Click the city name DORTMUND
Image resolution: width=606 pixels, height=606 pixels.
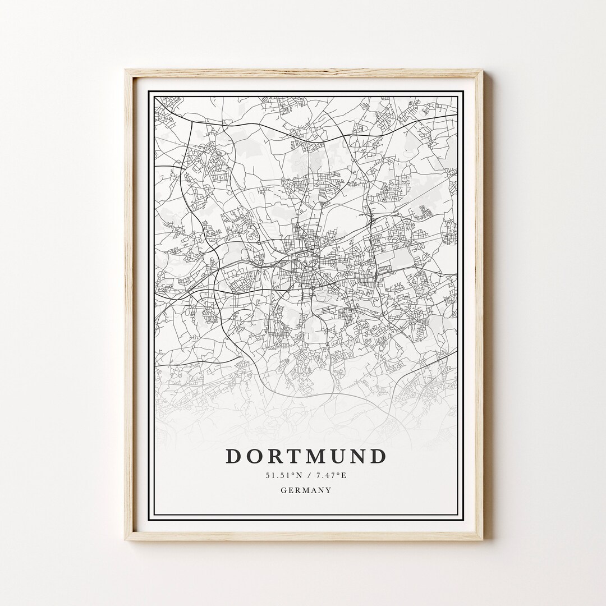(306, 456)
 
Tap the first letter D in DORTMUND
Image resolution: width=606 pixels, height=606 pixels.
(233, 456)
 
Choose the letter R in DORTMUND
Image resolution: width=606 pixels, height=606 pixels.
(274, 456)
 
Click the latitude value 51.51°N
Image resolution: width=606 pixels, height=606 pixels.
(283, 476)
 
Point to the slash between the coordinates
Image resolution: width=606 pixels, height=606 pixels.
(307, 476)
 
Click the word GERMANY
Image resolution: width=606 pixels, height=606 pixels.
(306, 490)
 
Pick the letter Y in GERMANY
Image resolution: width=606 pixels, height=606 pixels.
(329, 490)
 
